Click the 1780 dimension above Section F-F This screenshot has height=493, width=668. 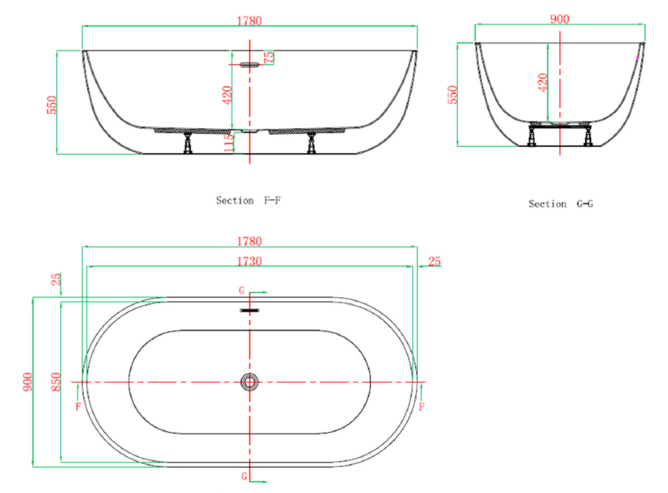click(x=249, y=21)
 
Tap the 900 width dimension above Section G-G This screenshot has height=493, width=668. click(x=560, y=19)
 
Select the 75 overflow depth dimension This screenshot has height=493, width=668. click(x=269, y=57)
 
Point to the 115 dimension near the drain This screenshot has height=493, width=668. click(x=229, y=143)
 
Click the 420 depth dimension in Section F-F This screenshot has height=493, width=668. click(x=227, y=95)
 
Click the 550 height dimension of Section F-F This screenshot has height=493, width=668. click(x=52, y=105)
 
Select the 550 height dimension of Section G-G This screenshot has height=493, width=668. click(x=452, y=95)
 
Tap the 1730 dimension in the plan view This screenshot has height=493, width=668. click(x=249, y=261)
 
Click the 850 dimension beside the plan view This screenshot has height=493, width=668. click(x=56, y=382)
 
